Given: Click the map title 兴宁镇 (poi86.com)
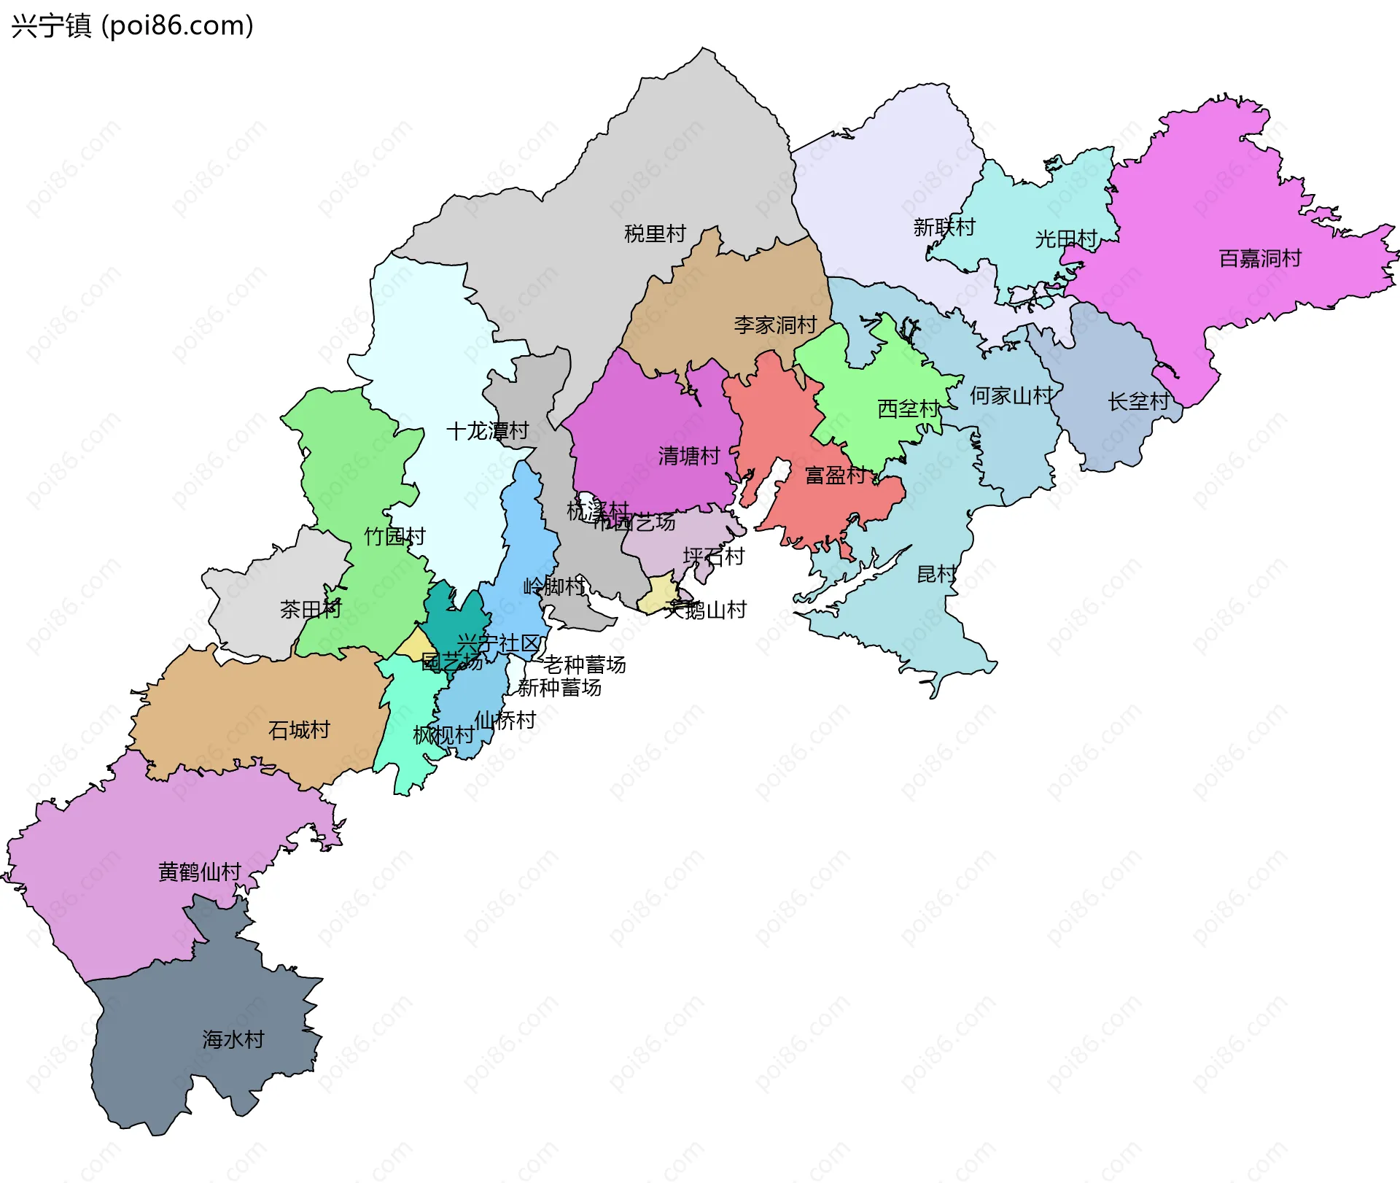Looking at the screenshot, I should [x=132, y=26].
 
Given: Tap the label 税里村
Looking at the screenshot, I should [x=655, y=234].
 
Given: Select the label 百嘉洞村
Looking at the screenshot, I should [x=1260, y=259].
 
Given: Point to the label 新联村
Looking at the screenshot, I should [x=944, y=228].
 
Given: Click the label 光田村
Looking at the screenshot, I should [x=1066, y=239].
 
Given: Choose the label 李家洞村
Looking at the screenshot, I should [x=775, y=325].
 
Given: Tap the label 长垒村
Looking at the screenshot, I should [x=1138, y=402].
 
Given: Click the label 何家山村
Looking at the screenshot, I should [x=1011, y=396].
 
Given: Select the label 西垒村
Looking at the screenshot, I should [x=909, y=409].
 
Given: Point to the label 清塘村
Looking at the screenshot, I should [x=689, y=457].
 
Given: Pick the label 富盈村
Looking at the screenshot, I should [x=836, y=476].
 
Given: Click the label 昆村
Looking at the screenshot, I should [x=936, y=575].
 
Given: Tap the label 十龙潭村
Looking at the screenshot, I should [x=487, y=431].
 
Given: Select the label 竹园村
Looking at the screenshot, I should [x=394, y=537].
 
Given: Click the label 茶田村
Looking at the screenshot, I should [x=311, y=610].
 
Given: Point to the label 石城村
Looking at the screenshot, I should [x=299, y=730].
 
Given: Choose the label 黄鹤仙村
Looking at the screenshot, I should [x=199, y=872].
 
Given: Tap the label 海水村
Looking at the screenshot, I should [x=233, y=1040].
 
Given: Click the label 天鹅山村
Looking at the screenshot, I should [x=706, y=610].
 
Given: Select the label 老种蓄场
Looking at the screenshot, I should [x=584, y=665].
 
